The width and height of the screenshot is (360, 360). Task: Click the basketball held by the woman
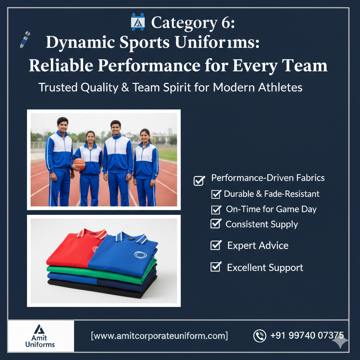pos(79,164)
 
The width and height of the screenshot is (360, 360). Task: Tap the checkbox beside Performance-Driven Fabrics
pos(199,180)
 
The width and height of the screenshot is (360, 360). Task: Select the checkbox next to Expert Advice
pos(216,245)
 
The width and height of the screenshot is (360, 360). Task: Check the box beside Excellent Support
pos(216,267)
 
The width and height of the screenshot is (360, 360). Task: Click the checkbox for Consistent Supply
pos(216,223)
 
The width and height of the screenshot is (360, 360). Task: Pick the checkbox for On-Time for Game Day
pos(216,210)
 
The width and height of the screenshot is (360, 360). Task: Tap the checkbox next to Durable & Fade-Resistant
pos(216,194)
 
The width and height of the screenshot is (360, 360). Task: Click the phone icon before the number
pos(260,336)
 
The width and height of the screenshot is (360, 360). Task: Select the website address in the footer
pos(160,336)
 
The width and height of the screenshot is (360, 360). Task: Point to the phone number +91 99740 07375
pos(307,335)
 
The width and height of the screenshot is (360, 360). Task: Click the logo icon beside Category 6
pos(138,22)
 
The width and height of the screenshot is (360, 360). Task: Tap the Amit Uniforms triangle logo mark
pos(39,329)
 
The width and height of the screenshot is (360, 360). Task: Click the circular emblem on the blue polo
pos(140,255)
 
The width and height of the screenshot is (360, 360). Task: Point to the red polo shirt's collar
pos(92,234)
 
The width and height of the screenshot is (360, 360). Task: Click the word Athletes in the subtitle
pos(280,88)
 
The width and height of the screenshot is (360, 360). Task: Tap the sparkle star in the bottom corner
pos(340,341)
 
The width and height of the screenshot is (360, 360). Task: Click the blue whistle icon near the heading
pos(25,39)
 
